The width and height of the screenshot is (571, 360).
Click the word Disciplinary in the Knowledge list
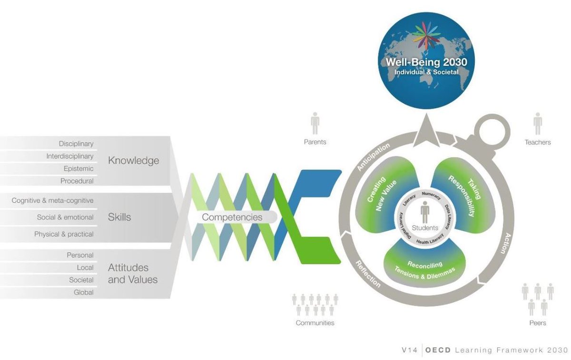76,143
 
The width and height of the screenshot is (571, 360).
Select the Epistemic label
79,169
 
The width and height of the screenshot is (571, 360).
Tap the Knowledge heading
133,160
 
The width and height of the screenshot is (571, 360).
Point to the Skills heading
119,217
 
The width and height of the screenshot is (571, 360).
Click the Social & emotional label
65,217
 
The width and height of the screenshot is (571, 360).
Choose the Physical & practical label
64,234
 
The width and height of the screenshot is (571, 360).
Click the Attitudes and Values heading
132,273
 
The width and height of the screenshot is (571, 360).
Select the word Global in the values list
84,292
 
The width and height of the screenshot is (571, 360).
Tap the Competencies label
232,217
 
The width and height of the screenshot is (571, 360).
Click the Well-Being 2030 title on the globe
426,62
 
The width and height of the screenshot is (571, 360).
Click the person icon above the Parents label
315,123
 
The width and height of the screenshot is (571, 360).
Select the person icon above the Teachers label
538,123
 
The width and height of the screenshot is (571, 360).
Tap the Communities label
315,323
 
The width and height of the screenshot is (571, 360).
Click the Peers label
538,323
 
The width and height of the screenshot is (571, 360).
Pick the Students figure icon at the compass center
425,212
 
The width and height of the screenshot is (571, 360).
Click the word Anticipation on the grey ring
373,157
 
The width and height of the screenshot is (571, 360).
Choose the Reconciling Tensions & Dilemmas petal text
424,269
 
